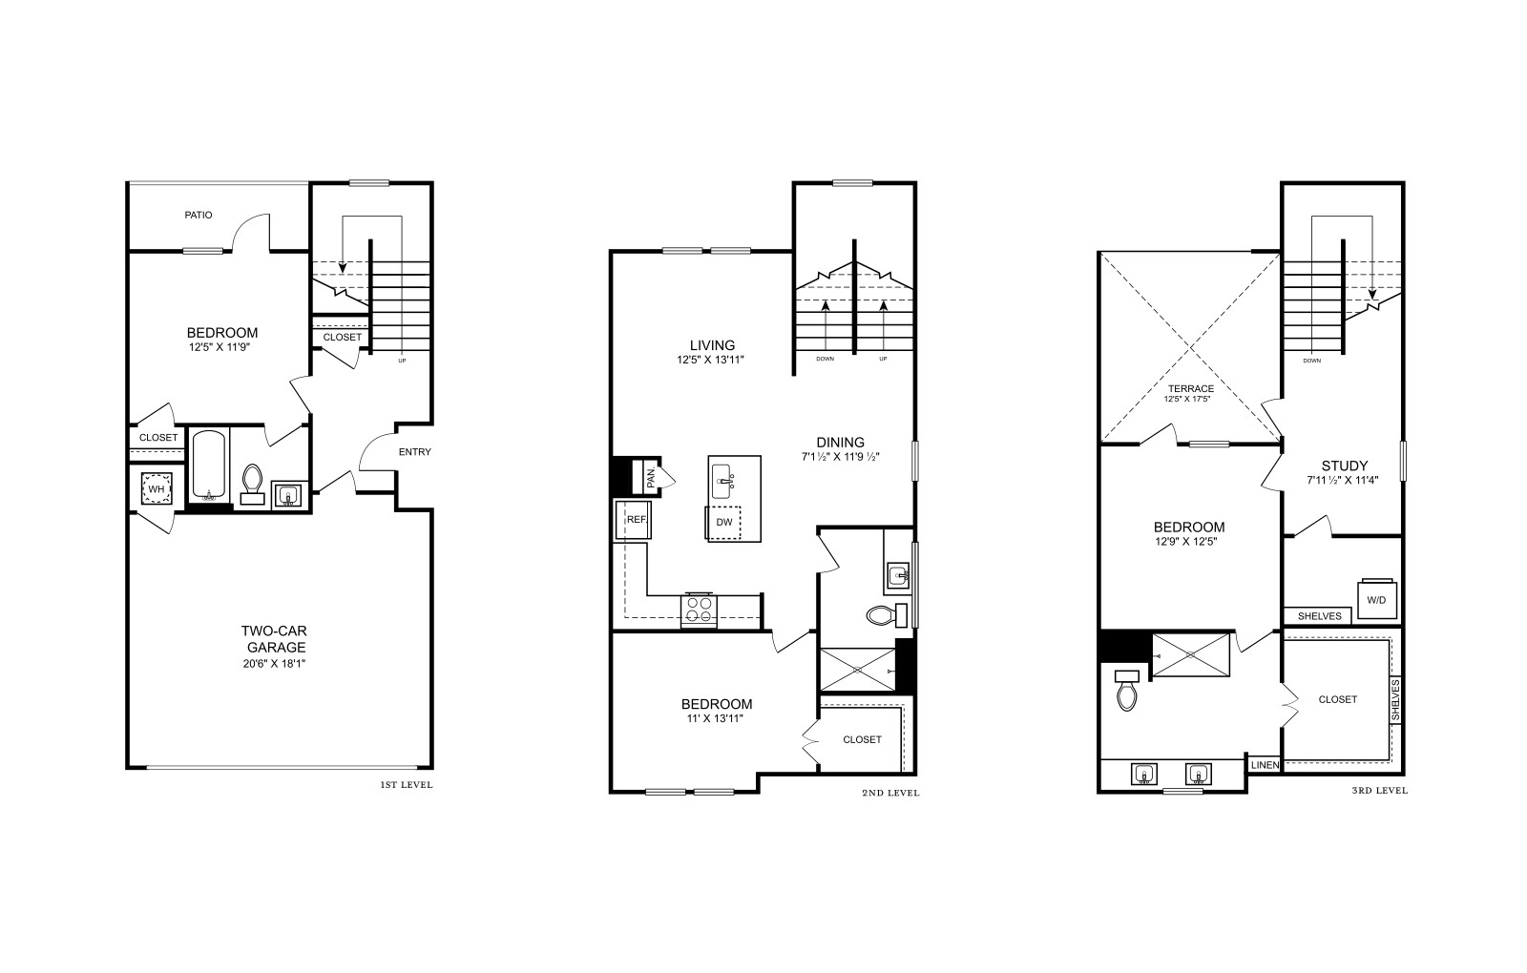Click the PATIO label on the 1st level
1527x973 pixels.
pos(199,215)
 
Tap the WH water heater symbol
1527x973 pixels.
pos(157,488)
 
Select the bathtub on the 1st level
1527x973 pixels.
pos(209,465)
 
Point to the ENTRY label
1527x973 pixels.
pos(414,452)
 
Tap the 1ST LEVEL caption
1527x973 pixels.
pos(407,785)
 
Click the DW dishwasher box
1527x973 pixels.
pos(724,523)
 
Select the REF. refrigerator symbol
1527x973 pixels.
pos(634,520)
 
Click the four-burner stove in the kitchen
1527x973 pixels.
pos(699,610)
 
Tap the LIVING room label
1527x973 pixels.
pos(712,344)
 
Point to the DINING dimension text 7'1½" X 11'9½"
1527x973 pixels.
pos(841,457)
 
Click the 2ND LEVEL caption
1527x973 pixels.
pos(890,793)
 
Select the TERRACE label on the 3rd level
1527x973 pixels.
pos(1190,388)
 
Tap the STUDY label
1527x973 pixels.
pos(1345,466)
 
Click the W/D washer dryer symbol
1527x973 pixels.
pos(1376,599)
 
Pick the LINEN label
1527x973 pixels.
pos(1265,765)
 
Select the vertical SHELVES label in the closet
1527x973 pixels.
pos(1394,700)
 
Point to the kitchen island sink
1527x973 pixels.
pos(722,482)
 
